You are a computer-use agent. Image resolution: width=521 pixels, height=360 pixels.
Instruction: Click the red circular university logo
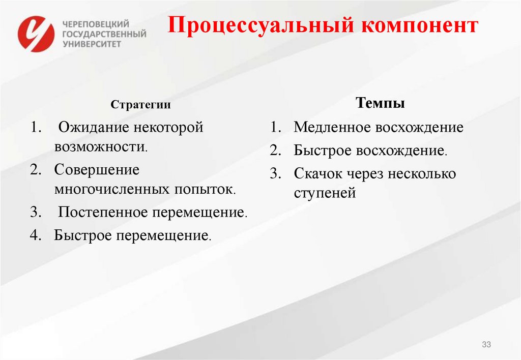36,34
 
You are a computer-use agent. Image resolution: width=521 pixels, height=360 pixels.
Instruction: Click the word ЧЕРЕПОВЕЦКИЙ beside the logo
96,24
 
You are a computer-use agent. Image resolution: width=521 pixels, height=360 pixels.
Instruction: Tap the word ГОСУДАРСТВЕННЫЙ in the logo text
104,34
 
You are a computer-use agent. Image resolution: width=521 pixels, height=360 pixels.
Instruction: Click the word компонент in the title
420,25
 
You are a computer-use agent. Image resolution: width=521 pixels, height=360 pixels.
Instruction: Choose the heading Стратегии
141,105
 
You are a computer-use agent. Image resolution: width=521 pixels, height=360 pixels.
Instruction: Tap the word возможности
100,147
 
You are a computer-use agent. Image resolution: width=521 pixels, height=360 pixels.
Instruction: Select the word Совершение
97,169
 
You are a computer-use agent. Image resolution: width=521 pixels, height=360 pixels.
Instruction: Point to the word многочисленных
112,190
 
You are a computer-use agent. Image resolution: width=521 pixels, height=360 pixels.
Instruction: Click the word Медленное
333,127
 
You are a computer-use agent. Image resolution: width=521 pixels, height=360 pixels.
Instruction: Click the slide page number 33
486,345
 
